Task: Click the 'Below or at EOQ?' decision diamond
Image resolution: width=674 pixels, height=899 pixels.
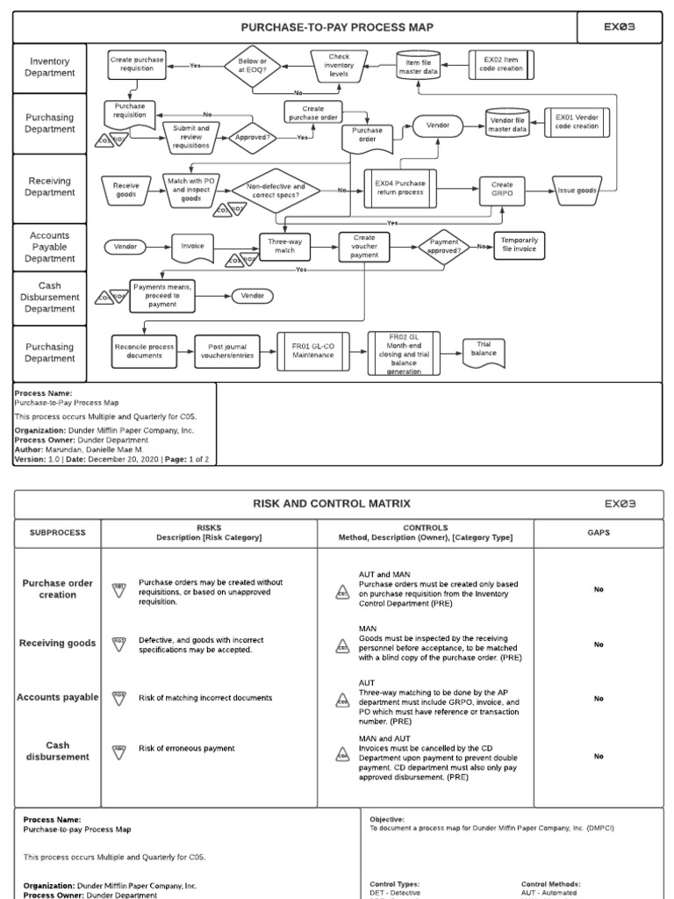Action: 252,67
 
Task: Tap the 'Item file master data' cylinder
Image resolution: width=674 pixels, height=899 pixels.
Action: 418,67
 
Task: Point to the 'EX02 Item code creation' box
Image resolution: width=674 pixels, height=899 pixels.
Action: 499,62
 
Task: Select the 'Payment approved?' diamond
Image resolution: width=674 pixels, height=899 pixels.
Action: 444,246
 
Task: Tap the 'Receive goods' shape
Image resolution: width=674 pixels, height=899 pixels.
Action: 126,191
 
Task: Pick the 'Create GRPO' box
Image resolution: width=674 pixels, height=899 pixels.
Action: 502,191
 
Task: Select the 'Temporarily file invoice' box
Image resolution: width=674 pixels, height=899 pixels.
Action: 520,246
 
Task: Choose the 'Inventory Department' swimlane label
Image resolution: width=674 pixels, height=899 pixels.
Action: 50,68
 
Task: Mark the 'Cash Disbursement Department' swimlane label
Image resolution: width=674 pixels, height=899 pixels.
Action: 50,297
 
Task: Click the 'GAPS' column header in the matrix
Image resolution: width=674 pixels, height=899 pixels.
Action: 599,532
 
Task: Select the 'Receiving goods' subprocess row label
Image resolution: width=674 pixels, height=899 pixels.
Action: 58,644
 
